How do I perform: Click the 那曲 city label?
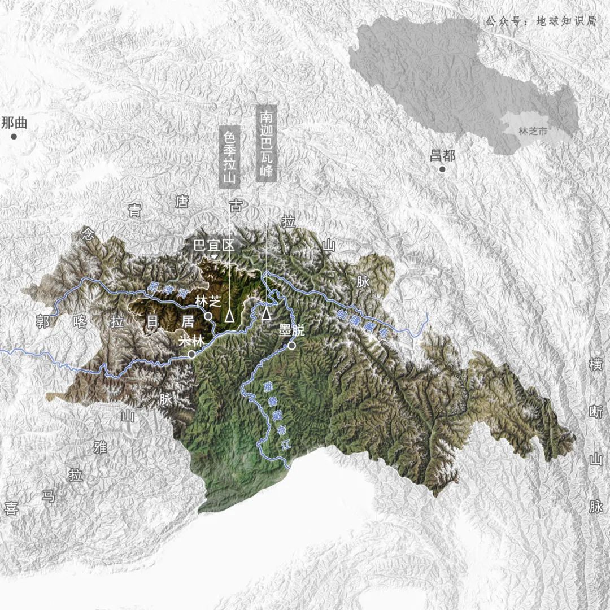tap(14, 123)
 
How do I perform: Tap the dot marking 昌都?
tap(442, 169)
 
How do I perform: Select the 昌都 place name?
tap(442, 155)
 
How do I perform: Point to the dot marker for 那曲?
tap(14, 137)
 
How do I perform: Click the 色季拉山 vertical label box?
tap(229, 157)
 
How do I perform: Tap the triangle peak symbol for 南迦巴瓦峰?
tap(266, 312)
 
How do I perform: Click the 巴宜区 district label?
tap(213, 245)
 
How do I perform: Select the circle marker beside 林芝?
tap(208, 316)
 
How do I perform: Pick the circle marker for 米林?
tap(192, 354)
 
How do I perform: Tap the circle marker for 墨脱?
tap(291, 346)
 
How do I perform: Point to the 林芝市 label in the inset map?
tap(533, 131)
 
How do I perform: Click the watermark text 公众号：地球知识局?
tap(541, 21)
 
